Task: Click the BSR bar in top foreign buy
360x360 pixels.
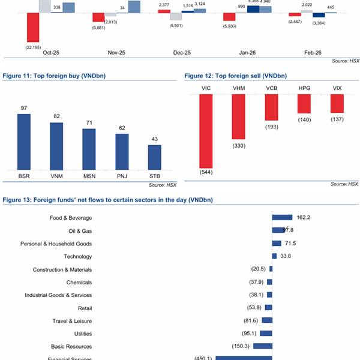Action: pos(24,141)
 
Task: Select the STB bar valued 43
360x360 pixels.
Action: pos(154,157)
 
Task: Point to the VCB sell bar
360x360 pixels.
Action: pos(271,107)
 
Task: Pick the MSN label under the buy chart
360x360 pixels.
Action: pos(89,176)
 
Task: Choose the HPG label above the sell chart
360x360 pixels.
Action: pos(304,89)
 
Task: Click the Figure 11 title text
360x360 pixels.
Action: pos(46,76)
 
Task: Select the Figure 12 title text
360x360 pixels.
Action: pos(235,76)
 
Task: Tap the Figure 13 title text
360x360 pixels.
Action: pos(108,199)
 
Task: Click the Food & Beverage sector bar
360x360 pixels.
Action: pos(282,218)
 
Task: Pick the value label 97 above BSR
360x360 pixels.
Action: pos(24,108)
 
